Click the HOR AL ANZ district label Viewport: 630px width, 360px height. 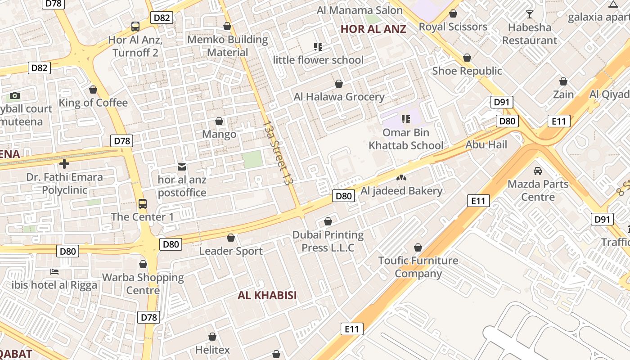pyautogui.click(x=373, y=29)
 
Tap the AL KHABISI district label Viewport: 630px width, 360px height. pyautogui.click(x=267, y=295)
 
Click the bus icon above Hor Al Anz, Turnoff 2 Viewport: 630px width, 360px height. pyautogui.click(x=135, y=27)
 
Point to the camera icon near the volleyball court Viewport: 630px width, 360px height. pyautogui.click(x=15, y=95)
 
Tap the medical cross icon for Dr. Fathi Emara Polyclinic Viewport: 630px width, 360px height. pyautogui.click(x=64, y=164)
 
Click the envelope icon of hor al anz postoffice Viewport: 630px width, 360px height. pyautogui.click(x=182, y=167)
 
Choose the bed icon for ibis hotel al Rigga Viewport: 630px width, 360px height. pyautogui.click(x=54, y=272)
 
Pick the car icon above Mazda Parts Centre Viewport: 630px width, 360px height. pyautogui.click(x=537, y=171)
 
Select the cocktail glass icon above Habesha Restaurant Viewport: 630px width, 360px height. pyautogui.click(x=530, y=14)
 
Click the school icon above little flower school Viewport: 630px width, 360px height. pyautogui.click(x=318, y=46)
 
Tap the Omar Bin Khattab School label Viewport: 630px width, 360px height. pyautogui.click(x=406, y=139)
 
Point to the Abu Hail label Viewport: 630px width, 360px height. pyautogui.click(x=486, y=144)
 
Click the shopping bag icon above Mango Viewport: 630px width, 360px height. pyautogui.click(x=219, y=121)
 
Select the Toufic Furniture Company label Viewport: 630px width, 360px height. pyautogui.click(x=418, y=267)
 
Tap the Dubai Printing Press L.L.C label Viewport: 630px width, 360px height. pyautogui.click(x=328, y=241)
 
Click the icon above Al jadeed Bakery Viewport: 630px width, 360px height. pyautogui.click(x=400, y=178)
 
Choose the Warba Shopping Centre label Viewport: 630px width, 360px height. pyautogui.click(x=143, y=283)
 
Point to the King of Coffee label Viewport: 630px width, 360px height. pyautogui.click(x=93, y=103)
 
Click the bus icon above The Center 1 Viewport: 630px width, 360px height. pyautogui.click(x=143, y=204)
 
